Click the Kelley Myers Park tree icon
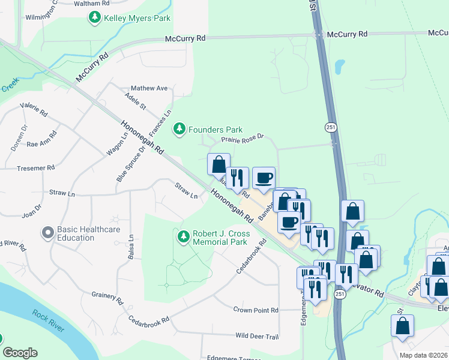[94, 18]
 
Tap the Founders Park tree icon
[179, 129]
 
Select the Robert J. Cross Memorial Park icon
[184, 237]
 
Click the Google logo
[20, 353]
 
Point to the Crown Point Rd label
[256, 310]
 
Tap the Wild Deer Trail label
[257, 336]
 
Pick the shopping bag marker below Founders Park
[218, 164]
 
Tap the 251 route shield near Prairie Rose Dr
[331, 127]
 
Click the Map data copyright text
[423, 355]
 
